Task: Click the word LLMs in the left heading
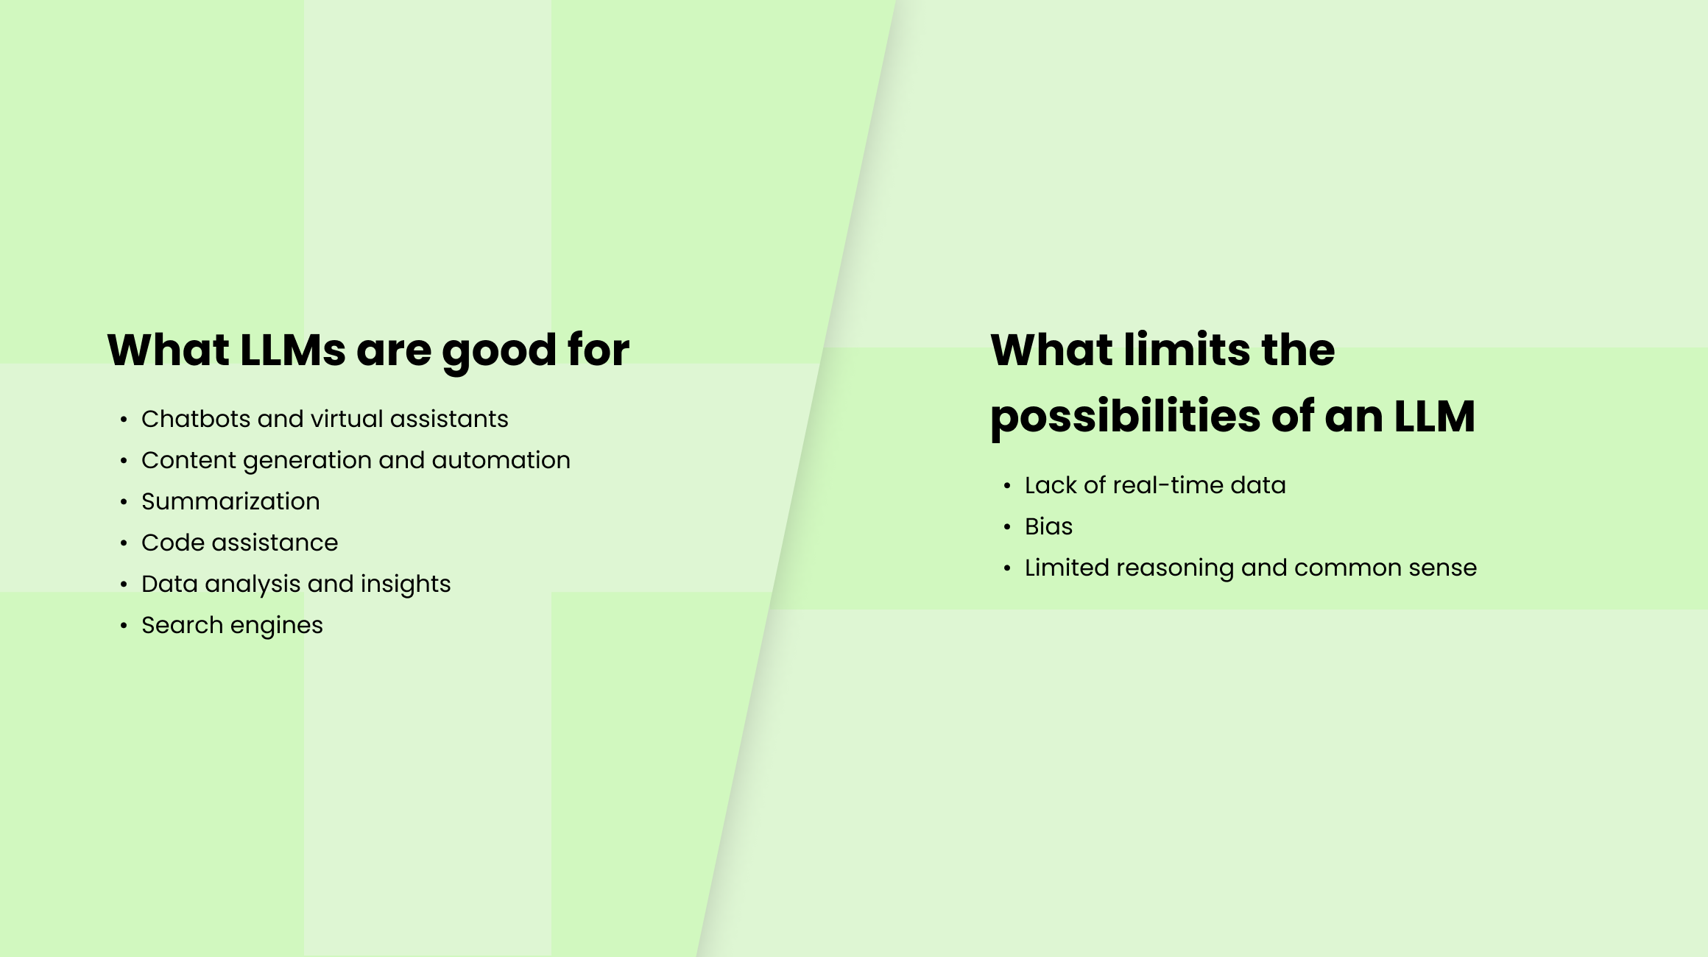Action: click(x=292, y=350)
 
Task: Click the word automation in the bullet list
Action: click(x=501, y=460)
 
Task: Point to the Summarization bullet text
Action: click(x=230, y=501)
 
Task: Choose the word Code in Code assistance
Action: click(x=172, y=543)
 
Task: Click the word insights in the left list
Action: click(x=406, y=584)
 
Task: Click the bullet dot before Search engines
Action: click(x=124, y=626)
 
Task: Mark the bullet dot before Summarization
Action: click(x=124, y=502)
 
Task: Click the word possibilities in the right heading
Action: click(x=1125, y=417)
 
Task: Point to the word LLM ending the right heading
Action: click(x=1434, y=417)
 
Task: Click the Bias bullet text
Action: click(x=1048, y=526)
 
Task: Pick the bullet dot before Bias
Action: click(x=1007, y=527)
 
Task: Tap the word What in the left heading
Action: click(x=168, y=350)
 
